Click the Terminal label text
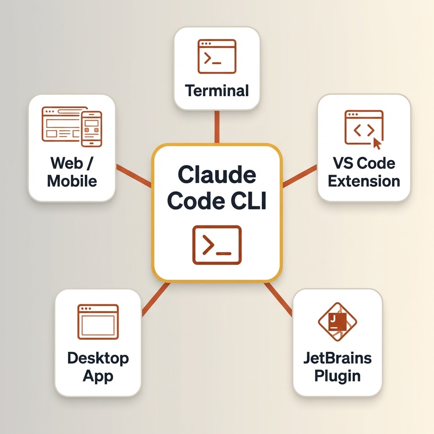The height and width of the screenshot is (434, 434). tap(217, 91)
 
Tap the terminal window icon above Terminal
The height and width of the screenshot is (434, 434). tap(217, 56)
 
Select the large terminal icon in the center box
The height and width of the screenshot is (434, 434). tap(217, 245)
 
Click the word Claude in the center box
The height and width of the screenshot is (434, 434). tap(217, 175)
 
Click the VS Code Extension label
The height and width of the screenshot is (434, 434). tap(364, 172)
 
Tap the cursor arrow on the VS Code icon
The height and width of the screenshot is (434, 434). tap(376, 144)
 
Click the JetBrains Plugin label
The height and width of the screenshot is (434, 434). tap(337, 367)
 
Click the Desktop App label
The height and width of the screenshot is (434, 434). tap(98, 367)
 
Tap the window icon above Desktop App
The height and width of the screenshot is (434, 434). tap(98, 322)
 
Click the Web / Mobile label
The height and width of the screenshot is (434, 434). tap(72, 172)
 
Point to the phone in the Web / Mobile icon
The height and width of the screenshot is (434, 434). tap(92, 128)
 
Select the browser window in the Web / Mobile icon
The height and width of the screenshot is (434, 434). tap(61, 124)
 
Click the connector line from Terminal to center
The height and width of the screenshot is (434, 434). tap(217, 127)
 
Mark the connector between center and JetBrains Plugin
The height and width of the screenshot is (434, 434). tap(278, 299)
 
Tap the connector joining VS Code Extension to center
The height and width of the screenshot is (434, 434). tap(300, 176)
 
